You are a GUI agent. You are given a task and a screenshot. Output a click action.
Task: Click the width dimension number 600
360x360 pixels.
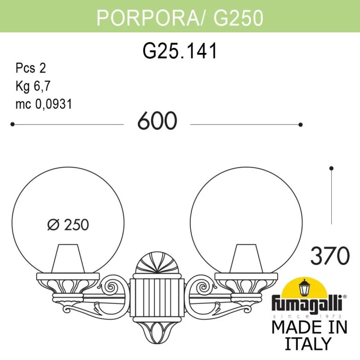pyautogui.click(x=157, y=122)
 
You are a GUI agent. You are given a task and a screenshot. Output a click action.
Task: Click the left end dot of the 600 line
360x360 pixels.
pyautogui.click(x=12, y=124)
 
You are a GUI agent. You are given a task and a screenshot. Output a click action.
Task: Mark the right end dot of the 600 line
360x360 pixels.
pyautogui.click(x=301, y=124)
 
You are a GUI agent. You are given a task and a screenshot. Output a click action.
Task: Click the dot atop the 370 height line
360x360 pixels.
pyautogui.click(x=332, y=168)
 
